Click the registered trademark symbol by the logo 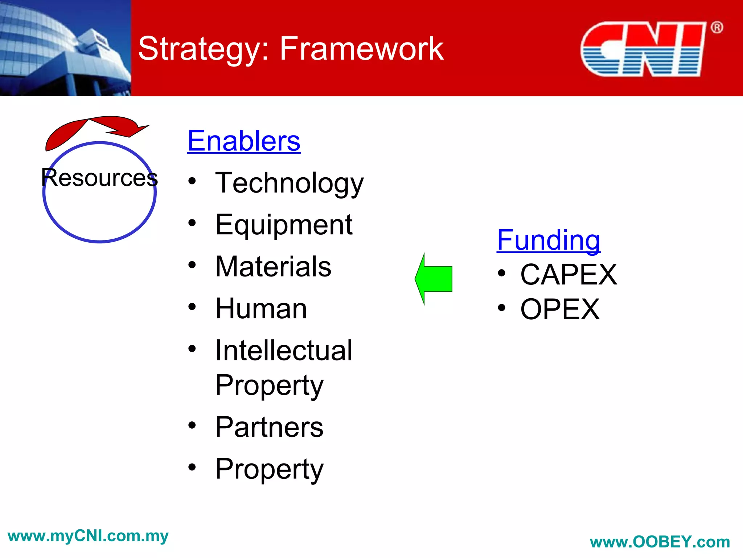[717, 28]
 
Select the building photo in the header [65, 48]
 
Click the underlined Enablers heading [244, 141]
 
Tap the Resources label [99, 178]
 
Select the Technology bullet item [289, 183]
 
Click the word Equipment [284, 225]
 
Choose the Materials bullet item [273, 267]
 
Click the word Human [261, 309]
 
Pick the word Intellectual [284, 351]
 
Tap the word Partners [269, 427]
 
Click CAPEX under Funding [568, 275]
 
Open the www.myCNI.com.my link [88, 536]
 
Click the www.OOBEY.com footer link [660, 542]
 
